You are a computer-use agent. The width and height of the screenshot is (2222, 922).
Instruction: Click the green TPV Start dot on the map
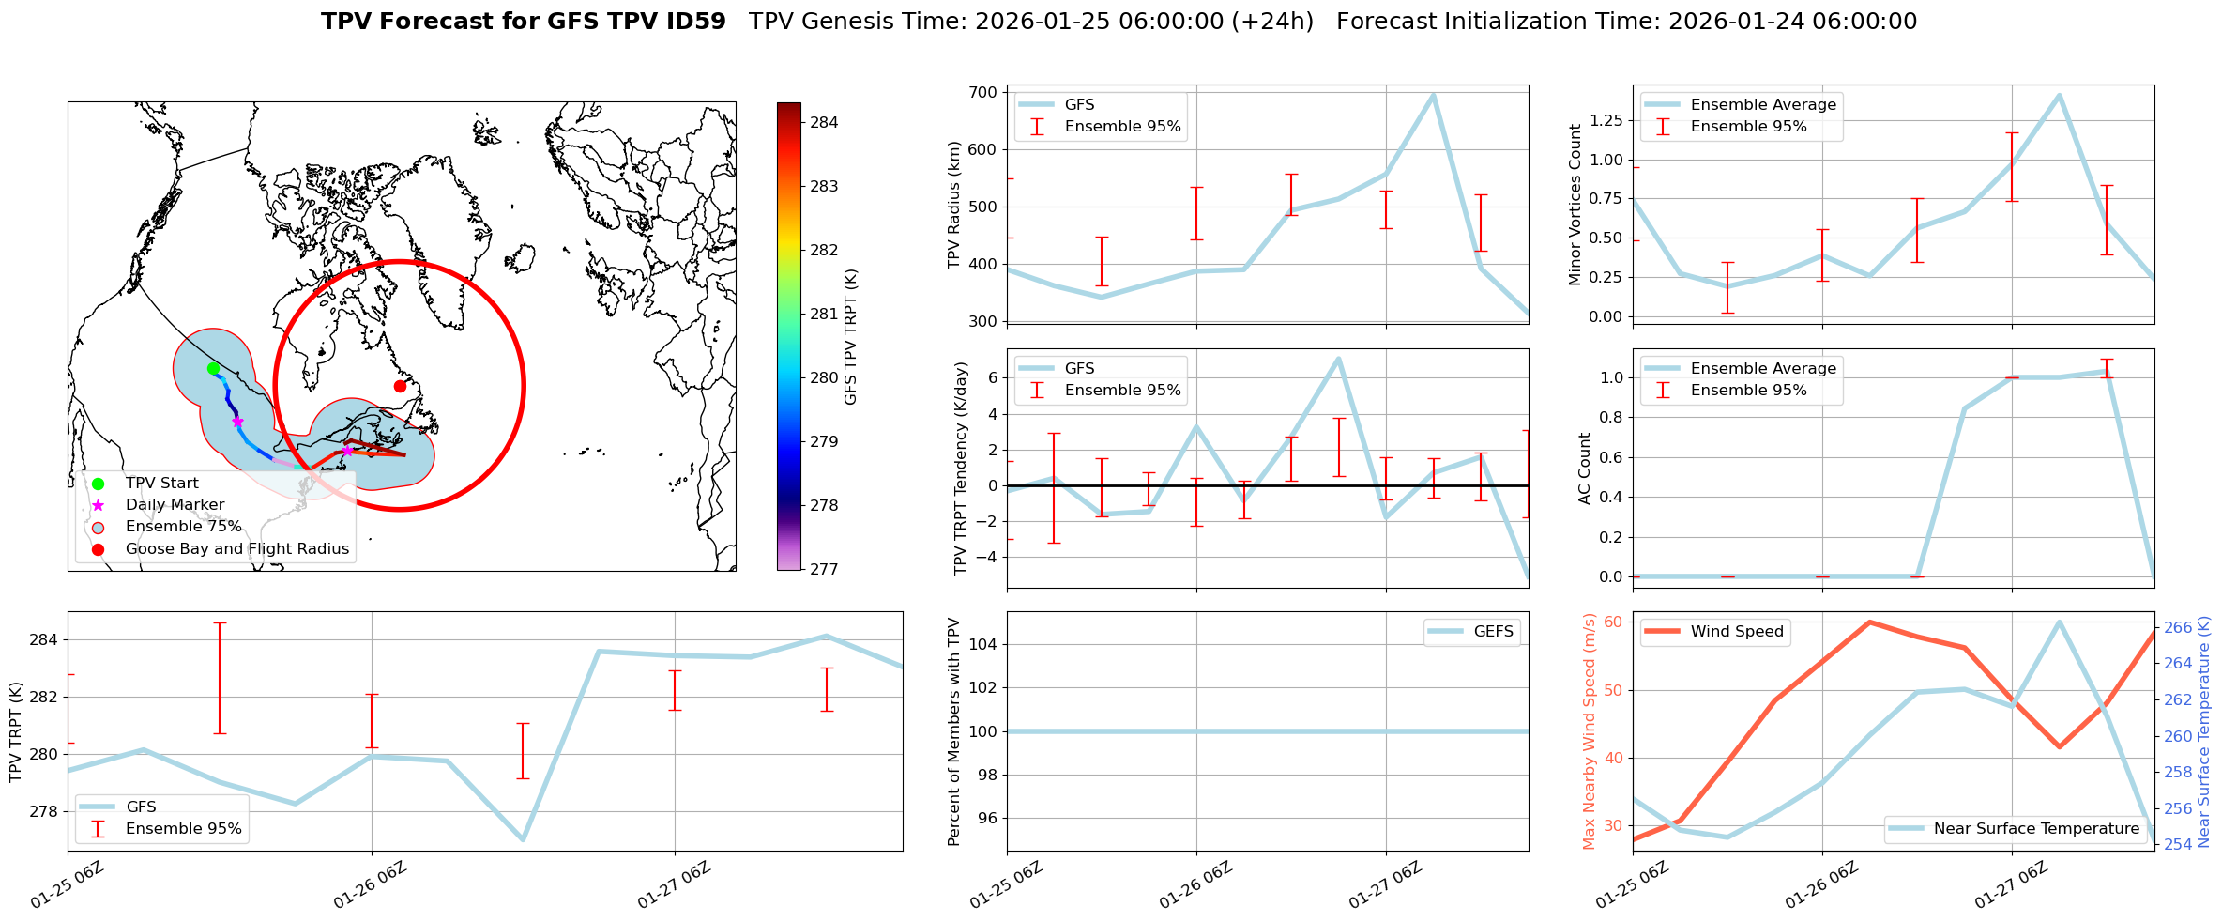[213, 368]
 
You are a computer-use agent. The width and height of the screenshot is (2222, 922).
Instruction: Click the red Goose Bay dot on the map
[400, 386]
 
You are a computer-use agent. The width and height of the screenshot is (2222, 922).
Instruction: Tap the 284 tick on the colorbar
[825, 122]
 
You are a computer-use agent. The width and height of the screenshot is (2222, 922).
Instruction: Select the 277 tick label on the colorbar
[825, 569]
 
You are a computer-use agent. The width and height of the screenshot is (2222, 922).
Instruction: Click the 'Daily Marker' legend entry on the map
[175, 505]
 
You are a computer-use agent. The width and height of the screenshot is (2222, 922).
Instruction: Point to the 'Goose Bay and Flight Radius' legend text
[237, 549]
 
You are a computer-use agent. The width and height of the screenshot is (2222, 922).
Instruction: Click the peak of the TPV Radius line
[1433, 94]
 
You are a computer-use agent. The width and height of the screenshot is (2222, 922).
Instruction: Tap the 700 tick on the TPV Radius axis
[982, 92]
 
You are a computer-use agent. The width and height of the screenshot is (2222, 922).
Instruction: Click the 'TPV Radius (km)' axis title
[954, 205]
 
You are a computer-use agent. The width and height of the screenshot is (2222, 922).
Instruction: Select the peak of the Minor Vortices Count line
[2059, 95]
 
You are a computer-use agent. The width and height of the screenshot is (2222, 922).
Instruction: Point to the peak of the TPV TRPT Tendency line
[1338, 358]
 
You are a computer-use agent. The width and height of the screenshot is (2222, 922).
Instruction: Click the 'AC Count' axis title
[1585, 469]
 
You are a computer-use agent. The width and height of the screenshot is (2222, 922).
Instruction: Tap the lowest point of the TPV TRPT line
[523, 839]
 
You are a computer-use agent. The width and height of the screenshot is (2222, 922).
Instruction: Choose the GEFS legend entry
[1493, 632]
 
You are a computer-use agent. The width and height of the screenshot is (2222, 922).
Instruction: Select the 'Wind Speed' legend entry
[1736, 632]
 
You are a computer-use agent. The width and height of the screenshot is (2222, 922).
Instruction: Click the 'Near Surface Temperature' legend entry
[2036, 829]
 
